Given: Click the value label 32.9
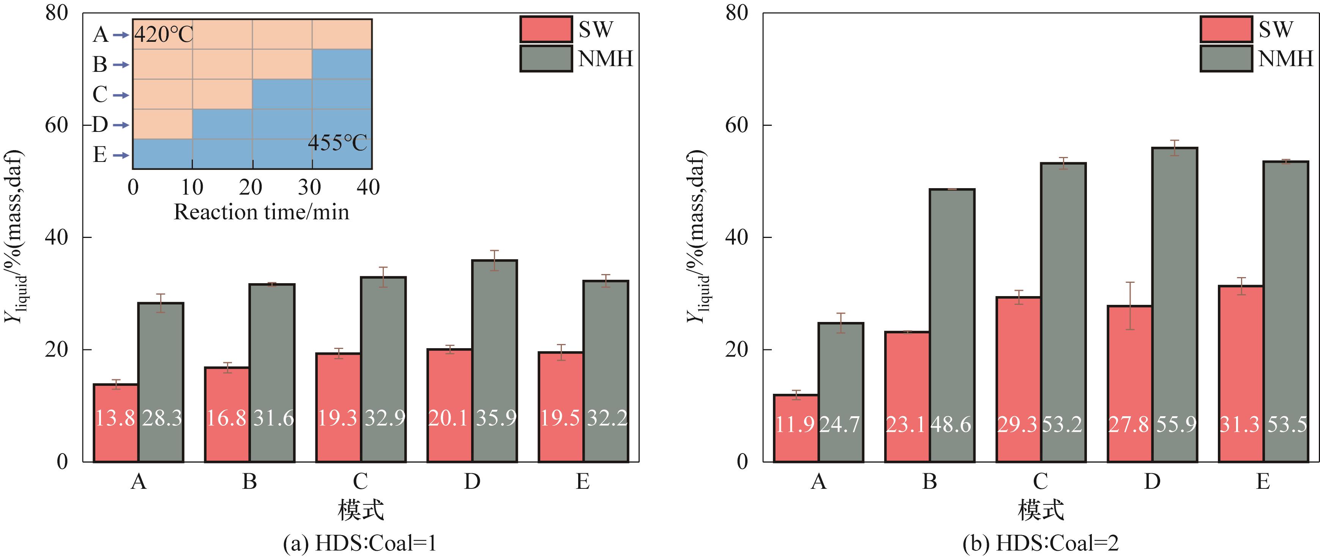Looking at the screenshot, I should (385, 418).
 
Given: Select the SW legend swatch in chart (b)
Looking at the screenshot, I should (1226, 29).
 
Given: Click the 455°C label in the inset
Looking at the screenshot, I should (337, 143).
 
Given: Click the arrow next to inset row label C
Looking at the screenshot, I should (121, 95).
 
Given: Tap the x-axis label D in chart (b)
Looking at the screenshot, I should (1152, 482).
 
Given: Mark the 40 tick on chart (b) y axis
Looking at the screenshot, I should (736, 237).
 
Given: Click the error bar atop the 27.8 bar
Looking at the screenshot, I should (1130, 306).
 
